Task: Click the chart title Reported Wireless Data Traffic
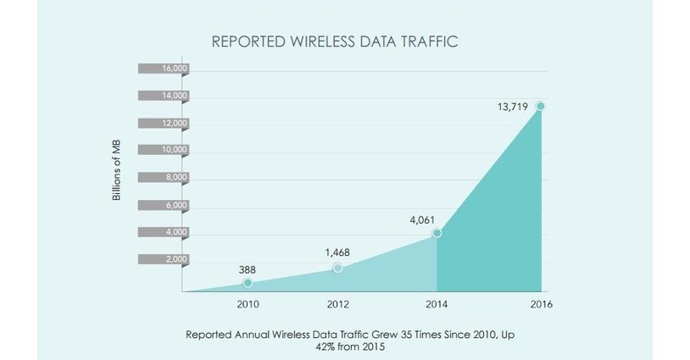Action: [x=333, y=41]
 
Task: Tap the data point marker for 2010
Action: [x=247, y=282]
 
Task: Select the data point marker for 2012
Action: [x=338, y=268]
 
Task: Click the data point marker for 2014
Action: [x=437, y=232]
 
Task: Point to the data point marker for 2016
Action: [x=540, y=106]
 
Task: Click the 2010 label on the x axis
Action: [x=247, y=304]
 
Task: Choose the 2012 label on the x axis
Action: [x=338, y=304]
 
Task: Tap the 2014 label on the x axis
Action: [x=435, y=304]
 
